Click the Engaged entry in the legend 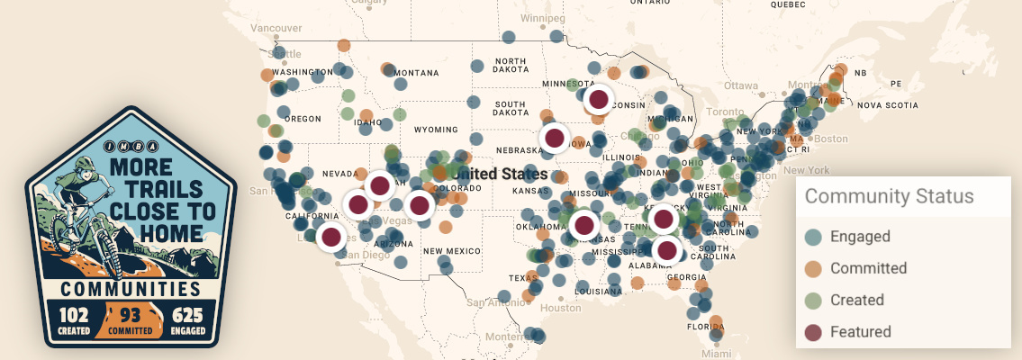[x=859, y=237]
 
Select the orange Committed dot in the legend [x=813, y=268]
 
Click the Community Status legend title [x=889, y=196]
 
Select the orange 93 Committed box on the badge [x=131, y=319]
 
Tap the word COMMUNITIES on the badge [x=131, y=289]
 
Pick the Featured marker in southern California [x=331, y=238]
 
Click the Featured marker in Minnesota [x=598, y=99]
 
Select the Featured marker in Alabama [x=666, y=250]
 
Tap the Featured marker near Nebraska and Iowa [x=555, y=138]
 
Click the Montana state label [x=415, y=73]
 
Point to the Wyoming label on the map [x=436, y=130]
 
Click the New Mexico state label [x=447, y=250]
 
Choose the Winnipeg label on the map [x=542, y=18]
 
